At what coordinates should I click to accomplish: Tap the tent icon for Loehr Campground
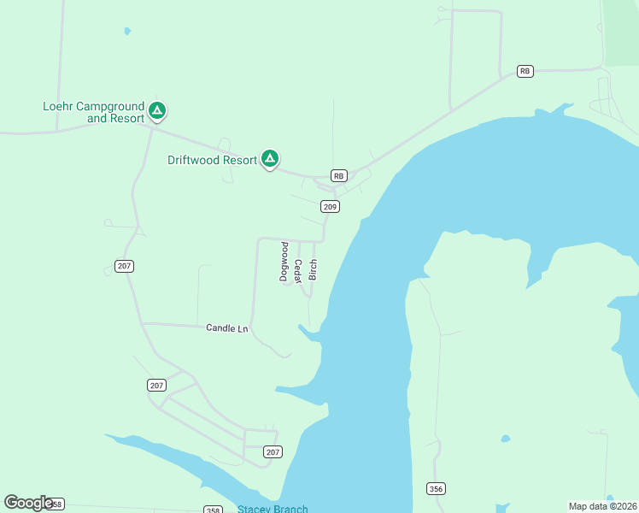click(x=156, y=110)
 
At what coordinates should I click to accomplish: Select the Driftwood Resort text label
click(x=212, y=160)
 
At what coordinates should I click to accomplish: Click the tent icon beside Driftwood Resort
click(x=269, y=158)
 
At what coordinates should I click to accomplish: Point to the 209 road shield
click(x=331, y=206)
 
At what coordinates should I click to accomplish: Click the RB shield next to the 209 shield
click(x=339, y=175)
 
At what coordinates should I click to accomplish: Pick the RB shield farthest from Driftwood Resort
click(x=525, y=71)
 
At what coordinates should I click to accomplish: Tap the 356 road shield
click(x=435, y=487)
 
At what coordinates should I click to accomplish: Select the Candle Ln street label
click(x=226, y=328)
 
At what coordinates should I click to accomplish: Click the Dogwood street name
click(x=284, y=262)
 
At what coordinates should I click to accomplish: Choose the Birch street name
click(x=314, y=268)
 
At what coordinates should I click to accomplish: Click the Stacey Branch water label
click(x=273, y=509)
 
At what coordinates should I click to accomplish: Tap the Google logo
click(x=28, y=503)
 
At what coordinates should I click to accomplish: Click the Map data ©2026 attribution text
click(x=602, y=505)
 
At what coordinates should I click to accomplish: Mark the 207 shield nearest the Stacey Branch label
click(x=273, y=451)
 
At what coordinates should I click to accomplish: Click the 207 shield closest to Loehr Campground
click(x=125, y=266)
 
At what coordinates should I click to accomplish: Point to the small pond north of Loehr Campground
click(x=127, y=31)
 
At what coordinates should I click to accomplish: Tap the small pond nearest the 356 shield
click(x=506, y=439)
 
